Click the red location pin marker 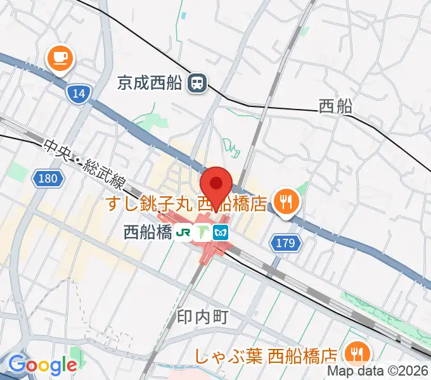tap(216, 185)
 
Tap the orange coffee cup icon tap(60, 60)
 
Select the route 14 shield tap(78, 94)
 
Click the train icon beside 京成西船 tap(198, 82)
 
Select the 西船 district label tap(335, 106)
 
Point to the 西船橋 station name tap(148, 232)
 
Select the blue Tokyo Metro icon tap(221, 232)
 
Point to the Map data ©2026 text tap(378, 372)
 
